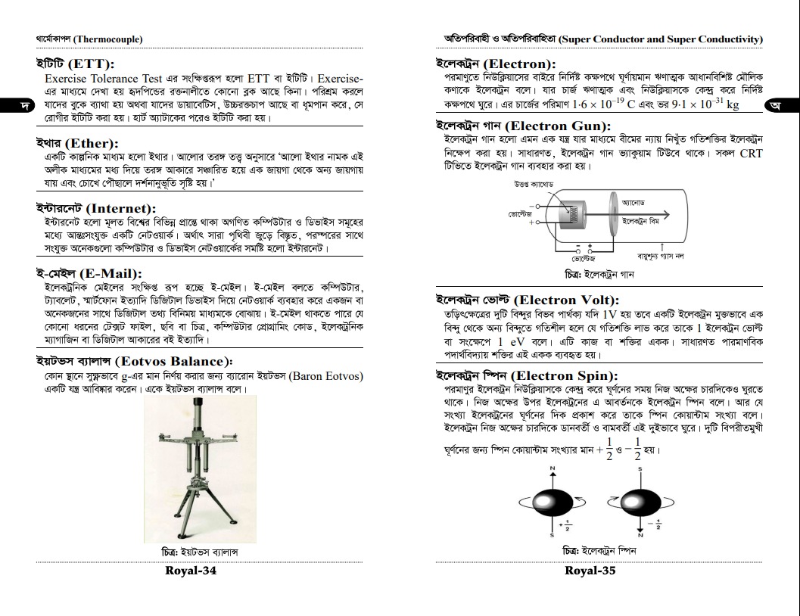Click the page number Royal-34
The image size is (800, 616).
[190, 571]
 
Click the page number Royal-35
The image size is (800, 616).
[590, 571]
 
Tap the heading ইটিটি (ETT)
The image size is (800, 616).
[75, 64]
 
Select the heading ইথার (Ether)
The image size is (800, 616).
[77, 143]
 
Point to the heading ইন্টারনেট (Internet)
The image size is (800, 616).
[96, 209]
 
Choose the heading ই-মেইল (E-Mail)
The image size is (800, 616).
[89, 273]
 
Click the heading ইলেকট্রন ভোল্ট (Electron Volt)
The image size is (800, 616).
[528, 300]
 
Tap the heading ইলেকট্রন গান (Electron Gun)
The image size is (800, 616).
[524, 126]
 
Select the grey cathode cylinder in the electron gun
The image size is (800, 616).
[572, 214]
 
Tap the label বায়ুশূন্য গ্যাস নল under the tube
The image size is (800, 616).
[661, 256]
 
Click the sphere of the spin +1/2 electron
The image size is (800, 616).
[553, 502]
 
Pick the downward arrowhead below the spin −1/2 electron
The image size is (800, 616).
[640, 530]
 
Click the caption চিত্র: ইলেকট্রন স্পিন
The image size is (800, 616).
[599, 551]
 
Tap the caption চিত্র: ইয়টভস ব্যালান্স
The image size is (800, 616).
[200, 552]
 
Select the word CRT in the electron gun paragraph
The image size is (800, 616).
[751, 153]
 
